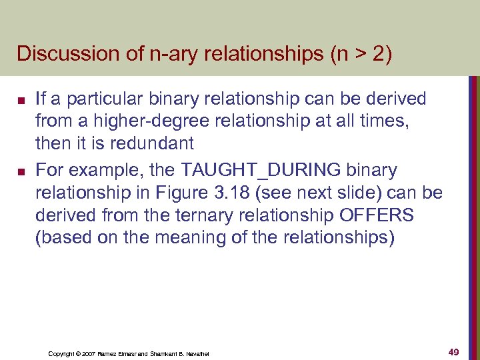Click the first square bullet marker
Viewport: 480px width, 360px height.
click(x=21, y=101)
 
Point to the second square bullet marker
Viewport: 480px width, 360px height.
click(x=21, y=173)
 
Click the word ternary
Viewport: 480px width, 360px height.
click(x=193, y=216)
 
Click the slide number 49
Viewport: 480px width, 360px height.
click(x=454, y=352)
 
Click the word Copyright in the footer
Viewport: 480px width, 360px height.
click(x=62, y=353)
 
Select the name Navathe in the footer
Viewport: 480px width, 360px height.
click(x=196, y=353)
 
